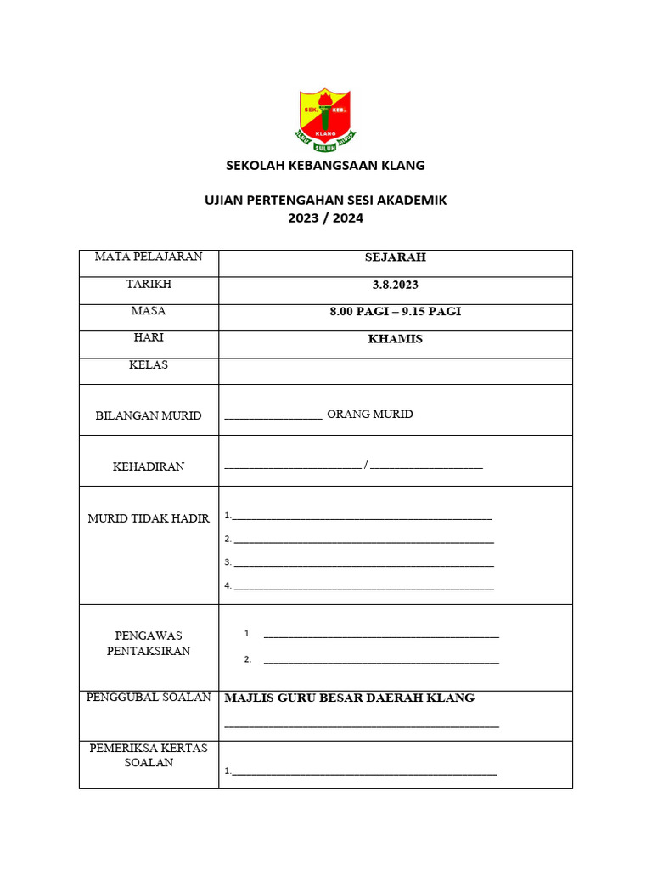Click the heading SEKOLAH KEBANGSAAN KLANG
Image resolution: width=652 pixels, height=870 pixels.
tap(325, 166)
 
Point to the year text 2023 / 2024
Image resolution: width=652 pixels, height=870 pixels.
tap(325, 217)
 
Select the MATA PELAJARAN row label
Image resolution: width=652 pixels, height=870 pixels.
tap(149, 257)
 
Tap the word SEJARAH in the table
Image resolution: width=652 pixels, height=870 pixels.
tap(396, 257)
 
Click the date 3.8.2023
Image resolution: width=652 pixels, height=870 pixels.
tap(396, 285)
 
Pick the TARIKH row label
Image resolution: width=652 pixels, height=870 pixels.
tap(149, 284)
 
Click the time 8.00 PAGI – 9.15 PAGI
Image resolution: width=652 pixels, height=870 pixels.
tap(396, 312)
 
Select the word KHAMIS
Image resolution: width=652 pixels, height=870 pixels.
tap(396, 339)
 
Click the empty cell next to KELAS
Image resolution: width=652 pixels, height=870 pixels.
tap(396, 371)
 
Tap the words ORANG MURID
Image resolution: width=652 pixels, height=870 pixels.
tap(370, 415)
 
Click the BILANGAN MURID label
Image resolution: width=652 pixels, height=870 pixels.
tap(149, 415)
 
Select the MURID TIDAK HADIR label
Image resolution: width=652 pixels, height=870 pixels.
tap(149, 518)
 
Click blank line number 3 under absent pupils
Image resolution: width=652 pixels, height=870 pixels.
tap(363, 563)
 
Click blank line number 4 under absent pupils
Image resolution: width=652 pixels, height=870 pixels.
tap(363, 587)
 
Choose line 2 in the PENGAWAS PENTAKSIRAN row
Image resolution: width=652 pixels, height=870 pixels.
tap(381, 660)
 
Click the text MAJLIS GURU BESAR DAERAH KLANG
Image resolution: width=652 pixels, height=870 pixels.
tap(349, 698)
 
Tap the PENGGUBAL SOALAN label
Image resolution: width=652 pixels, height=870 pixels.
tap(149, 698)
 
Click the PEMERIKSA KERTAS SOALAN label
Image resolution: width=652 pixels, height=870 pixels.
tap(149, 755)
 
